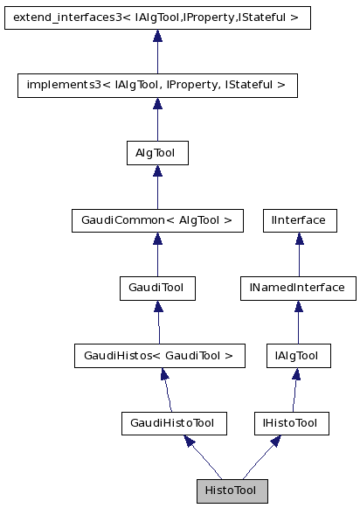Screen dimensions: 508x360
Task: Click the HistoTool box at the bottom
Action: pos(232,491)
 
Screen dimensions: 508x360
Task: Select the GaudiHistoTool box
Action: pos(174,423)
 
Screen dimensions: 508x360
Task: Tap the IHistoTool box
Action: pos(291,423)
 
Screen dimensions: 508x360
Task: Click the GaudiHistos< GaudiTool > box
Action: pos(158,355)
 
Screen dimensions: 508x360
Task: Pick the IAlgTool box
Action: pos(298,355)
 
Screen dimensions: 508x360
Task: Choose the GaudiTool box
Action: pos(157,287)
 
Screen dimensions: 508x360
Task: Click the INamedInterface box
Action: pos(298,287)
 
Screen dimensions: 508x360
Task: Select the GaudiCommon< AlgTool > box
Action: pos(157,219)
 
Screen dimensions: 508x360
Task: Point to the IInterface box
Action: pos(300,219)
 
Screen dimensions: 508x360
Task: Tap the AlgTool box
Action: pos(157,152)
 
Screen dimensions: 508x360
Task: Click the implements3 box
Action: pos(157,85)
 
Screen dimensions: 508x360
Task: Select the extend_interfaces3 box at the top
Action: pos(157,17)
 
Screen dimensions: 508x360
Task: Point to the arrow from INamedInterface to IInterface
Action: pos(299,254)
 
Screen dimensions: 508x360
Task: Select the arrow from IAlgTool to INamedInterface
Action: pos(298,321)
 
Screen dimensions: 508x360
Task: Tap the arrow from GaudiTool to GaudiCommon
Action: pos(157,254)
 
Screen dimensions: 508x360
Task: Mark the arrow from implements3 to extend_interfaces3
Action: pos(157,51)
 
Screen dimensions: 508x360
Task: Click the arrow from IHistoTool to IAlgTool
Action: pos(294,389)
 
